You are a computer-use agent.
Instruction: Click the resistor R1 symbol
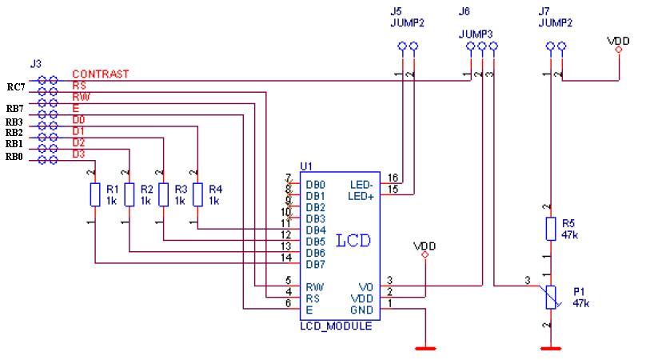[95, 195]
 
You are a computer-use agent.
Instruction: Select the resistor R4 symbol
[196, 195]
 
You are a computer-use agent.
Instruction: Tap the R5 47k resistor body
[550, 229]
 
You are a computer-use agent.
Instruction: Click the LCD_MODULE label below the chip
[336, 326]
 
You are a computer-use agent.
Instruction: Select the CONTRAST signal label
[100, 74]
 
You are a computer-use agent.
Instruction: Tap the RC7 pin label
[16, 87]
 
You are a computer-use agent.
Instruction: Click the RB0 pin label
[15, 158]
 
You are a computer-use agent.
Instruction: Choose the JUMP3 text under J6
[476, 34]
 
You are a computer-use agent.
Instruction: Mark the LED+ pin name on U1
[361, 196]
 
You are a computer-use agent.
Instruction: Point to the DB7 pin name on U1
[316, 263]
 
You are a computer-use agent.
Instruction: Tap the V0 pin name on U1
[366, 286]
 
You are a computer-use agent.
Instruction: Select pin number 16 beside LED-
[393, 178]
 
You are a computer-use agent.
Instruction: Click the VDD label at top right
[619, 39]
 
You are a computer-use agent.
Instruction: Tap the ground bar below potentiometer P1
[550, 348]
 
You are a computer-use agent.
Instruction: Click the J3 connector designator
[35, 62]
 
